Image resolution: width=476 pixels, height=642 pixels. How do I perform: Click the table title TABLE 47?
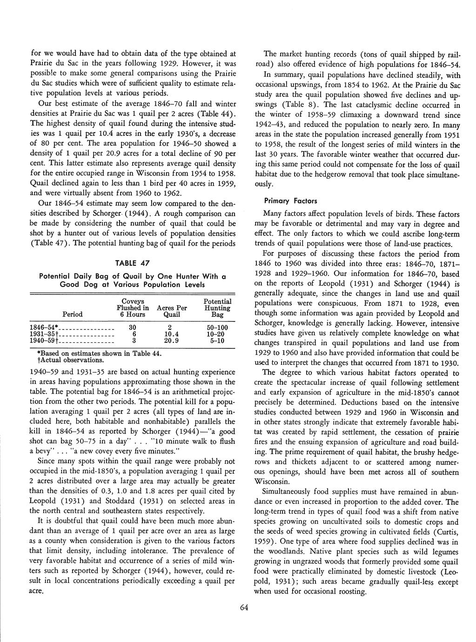[x=133, y=263]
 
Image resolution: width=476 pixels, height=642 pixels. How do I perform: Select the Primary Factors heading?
[x=290, y=201]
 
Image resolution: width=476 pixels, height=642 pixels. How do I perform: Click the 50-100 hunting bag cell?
[x=217, y=327]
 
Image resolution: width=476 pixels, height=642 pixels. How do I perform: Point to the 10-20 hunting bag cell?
[x=217, y=334]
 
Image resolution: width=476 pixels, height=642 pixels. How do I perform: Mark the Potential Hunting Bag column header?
[x=217, y=308]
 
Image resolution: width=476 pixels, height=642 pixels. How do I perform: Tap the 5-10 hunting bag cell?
[x=217, y=341]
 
